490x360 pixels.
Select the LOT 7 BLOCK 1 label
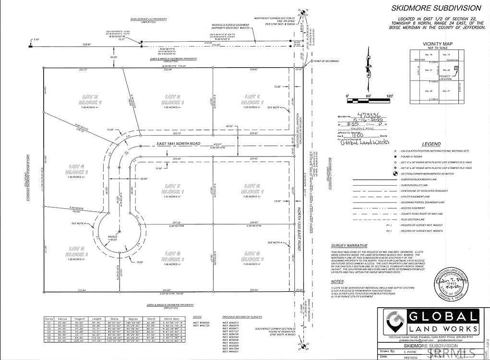click(x=174, y=188)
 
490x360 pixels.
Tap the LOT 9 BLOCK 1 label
click(x=253, y=256)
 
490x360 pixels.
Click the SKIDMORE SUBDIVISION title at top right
click(x=436, y=8)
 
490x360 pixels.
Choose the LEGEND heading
click(x=430, y=144)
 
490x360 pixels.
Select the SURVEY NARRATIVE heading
click(x=349, y=245)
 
